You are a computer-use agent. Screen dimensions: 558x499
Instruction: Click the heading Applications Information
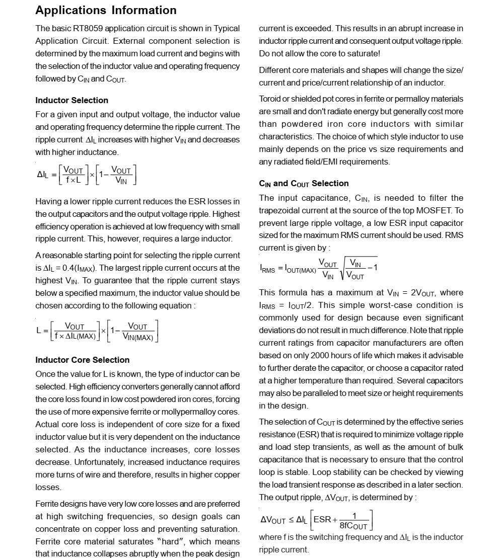pyautogui.click(x=106, y=10)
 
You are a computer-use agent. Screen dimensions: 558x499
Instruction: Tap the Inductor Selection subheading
pyautogui.click(x=72, y=100)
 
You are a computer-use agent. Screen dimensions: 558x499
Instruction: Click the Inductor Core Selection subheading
pyautogui.click(x=82, y=360)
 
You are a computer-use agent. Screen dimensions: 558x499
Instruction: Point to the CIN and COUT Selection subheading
pyautogui.click(x=304, y=184)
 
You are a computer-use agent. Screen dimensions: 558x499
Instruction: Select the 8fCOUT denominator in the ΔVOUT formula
pyautogui.click(x=353, y=526)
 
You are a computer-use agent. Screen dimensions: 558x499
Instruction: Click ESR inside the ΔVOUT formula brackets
pyautogui.click(x=322, y=519)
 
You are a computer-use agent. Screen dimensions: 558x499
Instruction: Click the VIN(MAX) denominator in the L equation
pyautogui.click(x=138, y=337)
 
